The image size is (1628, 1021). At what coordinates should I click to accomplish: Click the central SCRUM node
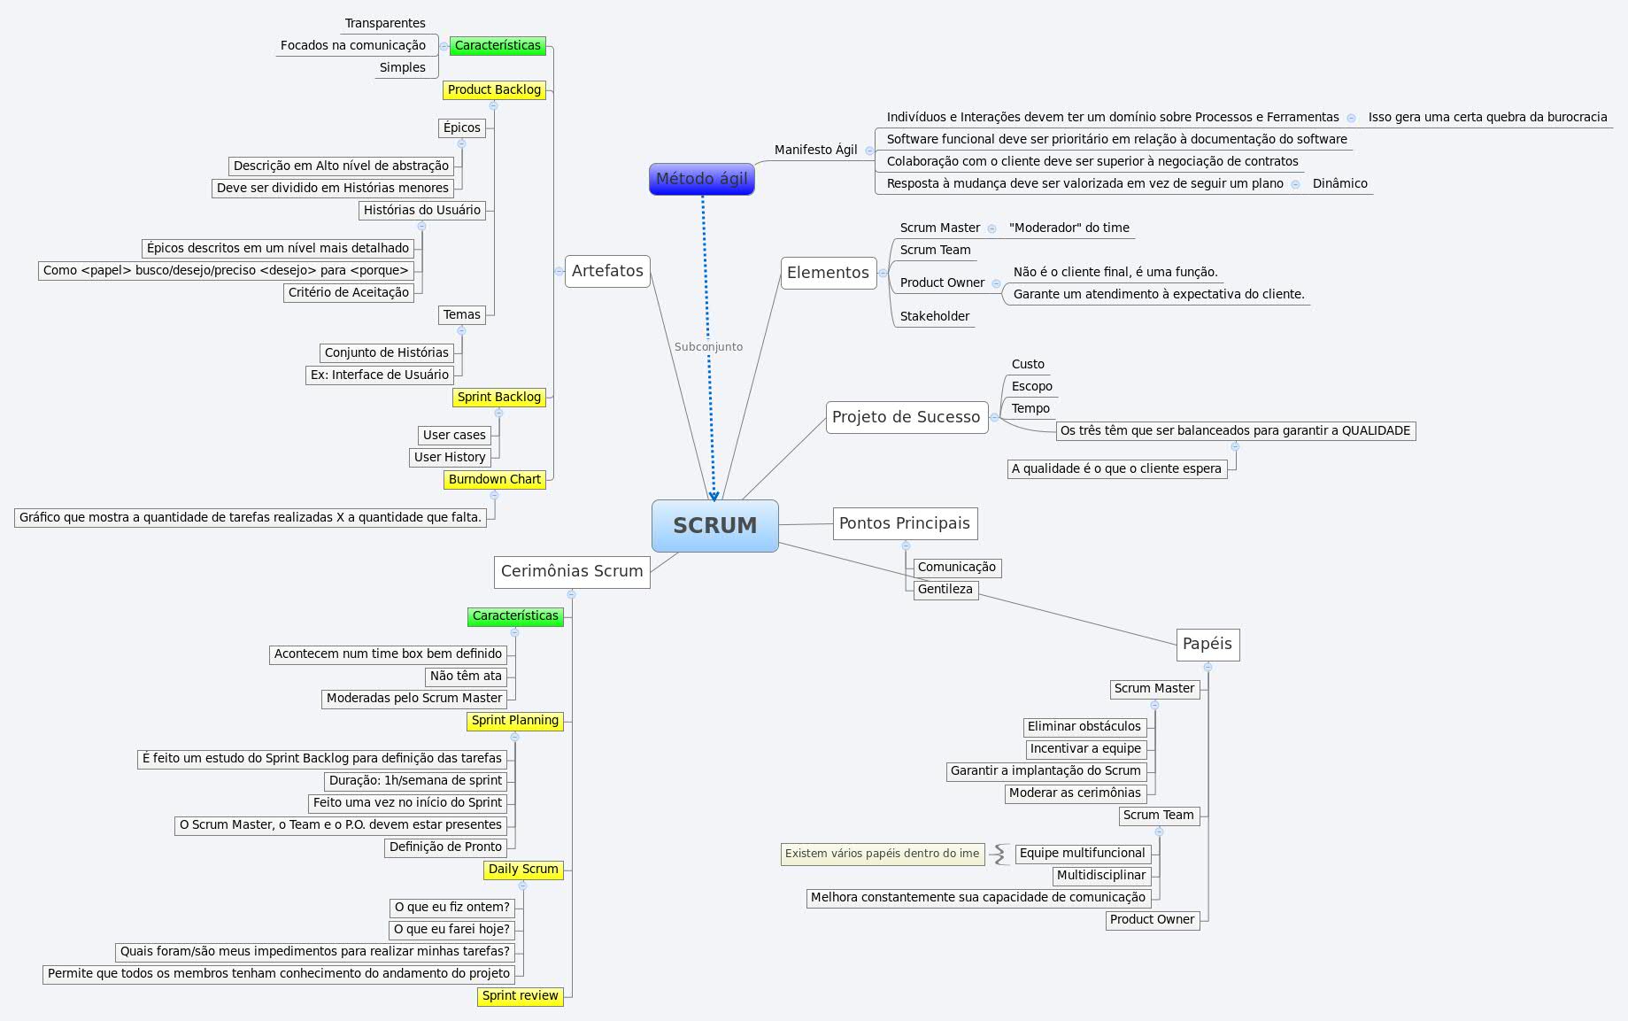tap(715, 525)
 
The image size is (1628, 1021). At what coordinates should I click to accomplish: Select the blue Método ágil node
tap(701, 179)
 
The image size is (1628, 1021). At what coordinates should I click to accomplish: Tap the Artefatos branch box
tap(607, 271)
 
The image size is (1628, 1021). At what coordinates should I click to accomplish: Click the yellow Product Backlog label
tap(494, 89)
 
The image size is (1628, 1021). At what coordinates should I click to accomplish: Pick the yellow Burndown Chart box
tap(494, 479)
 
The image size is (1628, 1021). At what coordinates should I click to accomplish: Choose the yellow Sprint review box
tap(520, 995)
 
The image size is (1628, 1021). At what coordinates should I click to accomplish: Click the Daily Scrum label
tap(523, 869)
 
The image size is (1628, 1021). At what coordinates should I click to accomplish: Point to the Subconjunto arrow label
tap(708, 346)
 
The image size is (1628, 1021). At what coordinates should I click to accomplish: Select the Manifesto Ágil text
tap(815, 150)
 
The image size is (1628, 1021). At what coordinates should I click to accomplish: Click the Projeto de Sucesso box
tap(906, 417)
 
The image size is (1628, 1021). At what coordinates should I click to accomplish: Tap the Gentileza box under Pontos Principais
tap(945, 589)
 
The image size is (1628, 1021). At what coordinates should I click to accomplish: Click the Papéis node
tap(1207, 644)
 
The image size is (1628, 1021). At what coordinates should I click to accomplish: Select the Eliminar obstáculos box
tap(1084, 726)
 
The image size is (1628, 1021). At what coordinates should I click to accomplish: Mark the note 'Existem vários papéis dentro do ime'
tap(882, 854)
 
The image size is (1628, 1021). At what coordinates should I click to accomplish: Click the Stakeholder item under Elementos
tap(934, 316)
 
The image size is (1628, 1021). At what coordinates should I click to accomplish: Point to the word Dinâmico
tap(1339, 183)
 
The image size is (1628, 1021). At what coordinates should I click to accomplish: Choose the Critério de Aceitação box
tap(349, 292)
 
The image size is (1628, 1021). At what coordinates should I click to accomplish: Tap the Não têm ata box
tap(466, 676)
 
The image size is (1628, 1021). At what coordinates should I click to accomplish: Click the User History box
tap(450, 457)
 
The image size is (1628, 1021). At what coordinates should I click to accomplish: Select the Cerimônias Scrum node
tap(572, 571)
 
